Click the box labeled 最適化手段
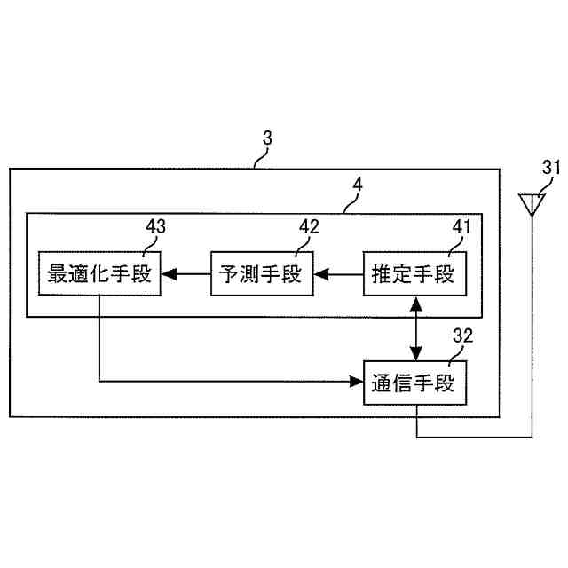click(99, 275)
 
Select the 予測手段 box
click(263, 275)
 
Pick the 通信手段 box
click(414, 383)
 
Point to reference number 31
click(551, 167)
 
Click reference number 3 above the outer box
click(268, 138)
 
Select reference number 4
click(357, 185)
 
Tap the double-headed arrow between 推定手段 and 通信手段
click(414, 329)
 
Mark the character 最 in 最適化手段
click(59, 276)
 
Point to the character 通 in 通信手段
click(382, 384)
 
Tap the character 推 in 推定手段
click(382, 276)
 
